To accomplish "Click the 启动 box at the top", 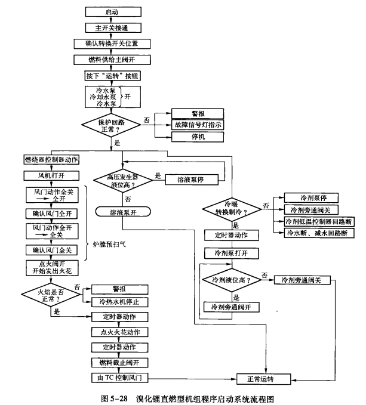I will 112,11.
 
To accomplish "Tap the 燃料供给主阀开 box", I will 112,59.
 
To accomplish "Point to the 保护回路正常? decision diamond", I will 112,126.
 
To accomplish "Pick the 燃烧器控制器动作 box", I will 51,160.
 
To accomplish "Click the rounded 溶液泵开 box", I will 122,211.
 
